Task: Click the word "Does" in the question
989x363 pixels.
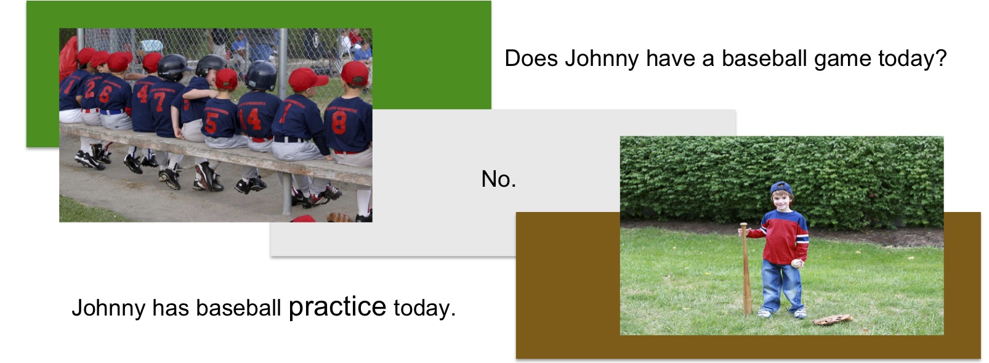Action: tap(531, 59)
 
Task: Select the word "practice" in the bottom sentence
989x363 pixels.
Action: tap(337, 308)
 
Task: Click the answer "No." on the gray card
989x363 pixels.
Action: tap(498, 179)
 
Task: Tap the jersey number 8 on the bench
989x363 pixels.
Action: tap(339, 122)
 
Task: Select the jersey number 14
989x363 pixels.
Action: tap(251, 118)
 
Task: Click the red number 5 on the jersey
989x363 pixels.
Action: tap(211, 123)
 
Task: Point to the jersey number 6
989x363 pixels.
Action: tap(105, 94)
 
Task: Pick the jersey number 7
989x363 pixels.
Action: tap(159, 101)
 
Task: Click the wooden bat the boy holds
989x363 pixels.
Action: tap(745, 269)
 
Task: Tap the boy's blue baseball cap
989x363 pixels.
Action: tap(781, 189)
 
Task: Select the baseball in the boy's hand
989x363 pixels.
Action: tap(796, 264)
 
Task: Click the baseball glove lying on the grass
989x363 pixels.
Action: tap(833, 319)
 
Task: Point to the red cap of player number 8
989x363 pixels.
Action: tap(355, 73)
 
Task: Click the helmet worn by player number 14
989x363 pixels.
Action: tap(261, 75)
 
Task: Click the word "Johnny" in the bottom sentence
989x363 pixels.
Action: tap(108, 309)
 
